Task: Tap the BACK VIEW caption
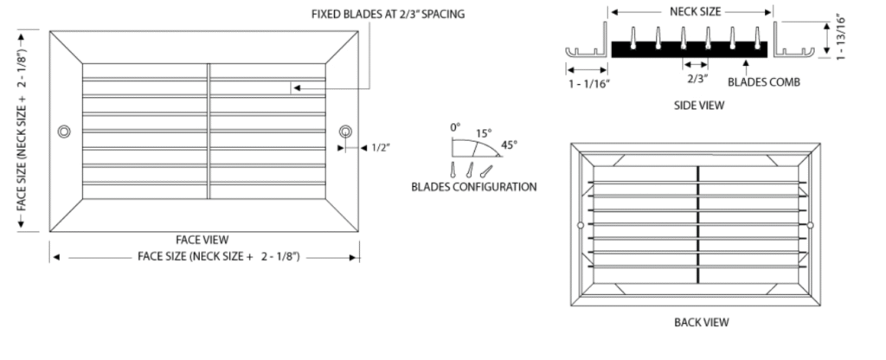701,322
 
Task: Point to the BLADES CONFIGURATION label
474,186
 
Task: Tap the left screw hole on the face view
63,132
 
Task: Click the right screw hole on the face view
345,132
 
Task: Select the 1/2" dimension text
382,148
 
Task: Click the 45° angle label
509,145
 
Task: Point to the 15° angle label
483,133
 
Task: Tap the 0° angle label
455,127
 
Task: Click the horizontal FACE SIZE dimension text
219,257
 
